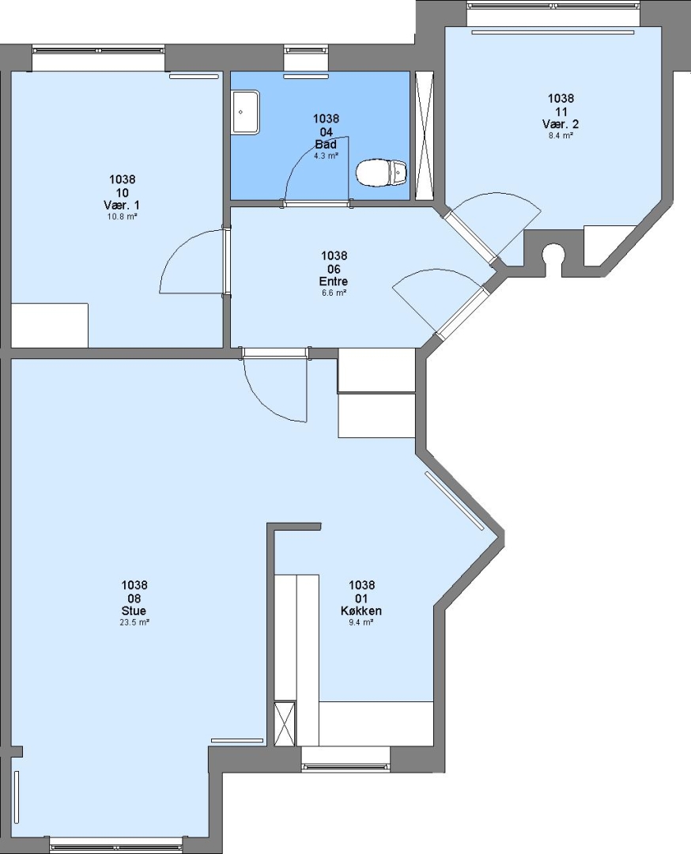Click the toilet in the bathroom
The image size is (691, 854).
pos(382,172)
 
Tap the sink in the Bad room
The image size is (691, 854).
pos(246,112)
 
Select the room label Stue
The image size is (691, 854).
pos(134,610)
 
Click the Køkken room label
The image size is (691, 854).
pos(361,610)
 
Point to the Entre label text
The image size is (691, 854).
pos(334,282)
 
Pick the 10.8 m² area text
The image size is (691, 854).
pos(122,216)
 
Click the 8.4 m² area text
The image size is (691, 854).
pos(561,136)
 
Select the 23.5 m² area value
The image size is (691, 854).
pos(134,622)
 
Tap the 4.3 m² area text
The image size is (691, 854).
pos(327,156)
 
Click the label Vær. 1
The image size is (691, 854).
pos(122,206)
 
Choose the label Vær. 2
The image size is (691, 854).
pos(561,125)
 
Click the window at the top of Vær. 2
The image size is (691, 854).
pos(554,6)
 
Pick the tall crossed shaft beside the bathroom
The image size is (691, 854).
pos(425,136)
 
